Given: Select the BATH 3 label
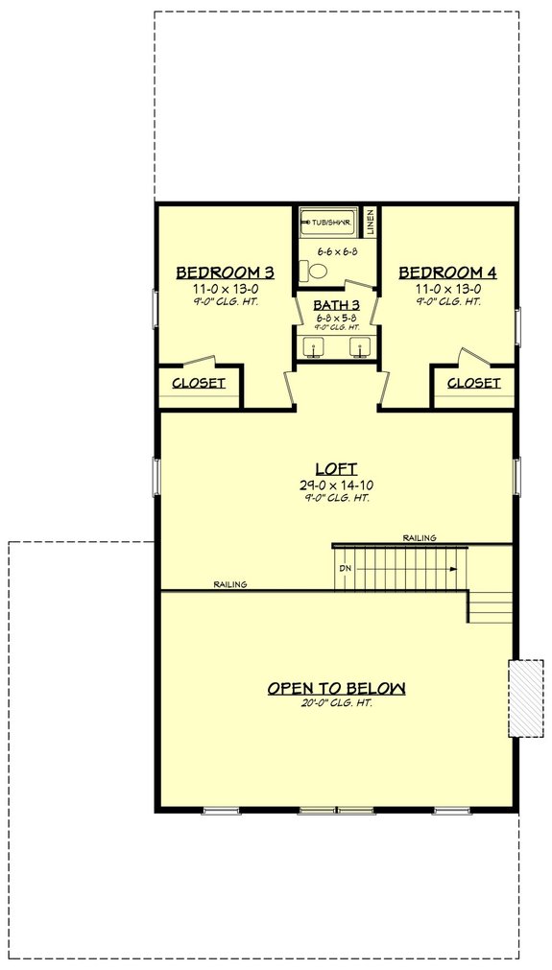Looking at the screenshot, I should click(335, 304).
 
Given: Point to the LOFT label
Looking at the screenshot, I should click(335, 468).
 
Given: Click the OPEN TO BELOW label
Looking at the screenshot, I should click(336, 688).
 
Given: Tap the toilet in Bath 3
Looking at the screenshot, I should click(307, 272).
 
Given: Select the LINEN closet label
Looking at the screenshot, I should click(370, 222).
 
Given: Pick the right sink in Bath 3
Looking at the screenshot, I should click(359, 347).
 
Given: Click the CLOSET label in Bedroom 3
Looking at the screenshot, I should click(199, 383).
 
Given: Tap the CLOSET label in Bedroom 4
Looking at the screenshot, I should click(473, 383).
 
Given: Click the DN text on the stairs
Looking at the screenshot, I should click(345, 568).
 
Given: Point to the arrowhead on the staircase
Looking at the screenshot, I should click(452, 568).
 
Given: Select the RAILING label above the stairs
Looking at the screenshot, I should click(420, 538).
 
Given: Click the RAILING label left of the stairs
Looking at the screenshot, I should click(230, 583).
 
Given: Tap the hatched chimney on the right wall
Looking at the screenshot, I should click(525, 698).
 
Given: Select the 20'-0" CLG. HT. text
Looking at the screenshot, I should click(336, 703).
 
